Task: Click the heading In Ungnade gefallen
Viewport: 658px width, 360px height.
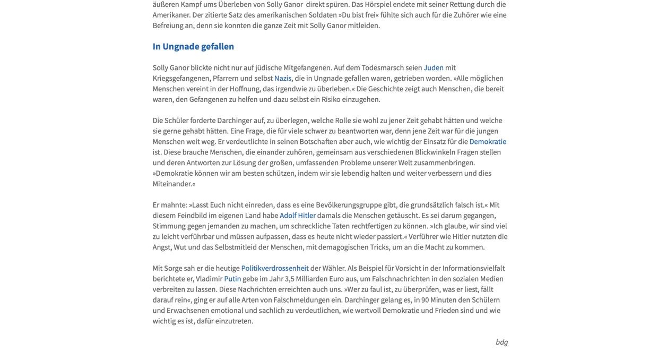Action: click(193, 46)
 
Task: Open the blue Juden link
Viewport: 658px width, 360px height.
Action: click(434, 67)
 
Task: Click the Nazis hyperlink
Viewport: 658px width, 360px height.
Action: click(282, 78)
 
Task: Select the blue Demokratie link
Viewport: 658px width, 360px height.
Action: click(488, 141)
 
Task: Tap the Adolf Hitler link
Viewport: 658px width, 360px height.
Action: click(297, 215)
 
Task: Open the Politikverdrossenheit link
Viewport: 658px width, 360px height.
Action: click(275, 268)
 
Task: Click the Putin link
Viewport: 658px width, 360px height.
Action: click(232, 279)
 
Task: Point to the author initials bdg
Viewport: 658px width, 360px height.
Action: click(501, 342)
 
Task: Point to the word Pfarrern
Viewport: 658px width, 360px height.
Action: click(226, 78)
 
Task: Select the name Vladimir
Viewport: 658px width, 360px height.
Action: click(209, 279)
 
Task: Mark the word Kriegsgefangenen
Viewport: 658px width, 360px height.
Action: click(180, 78)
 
